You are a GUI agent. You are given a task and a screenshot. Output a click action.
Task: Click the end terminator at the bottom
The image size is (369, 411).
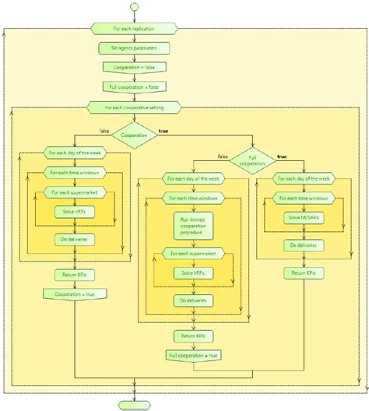tap(135, 405)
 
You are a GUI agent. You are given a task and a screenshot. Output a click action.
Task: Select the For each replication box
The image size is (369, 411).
tap(135, 29)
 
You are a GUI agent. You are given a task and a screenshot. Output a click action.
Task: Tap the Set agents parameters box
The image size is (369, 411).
tap(135, 48)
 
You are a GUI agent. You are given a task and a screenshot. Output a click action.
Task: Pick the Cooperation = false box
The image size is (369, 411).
tap(135, 68)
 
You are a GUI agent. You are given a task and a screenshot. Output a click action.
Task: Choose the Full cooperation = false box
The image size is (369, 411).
tap(135, 87)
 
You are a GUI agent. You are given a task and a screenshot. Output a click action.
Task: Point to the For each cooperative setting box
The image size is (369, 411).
tap(135, 107)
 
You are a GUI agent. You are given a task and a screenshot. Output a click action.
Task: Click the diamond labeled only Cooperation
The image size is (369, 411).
tap(135, 133)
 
